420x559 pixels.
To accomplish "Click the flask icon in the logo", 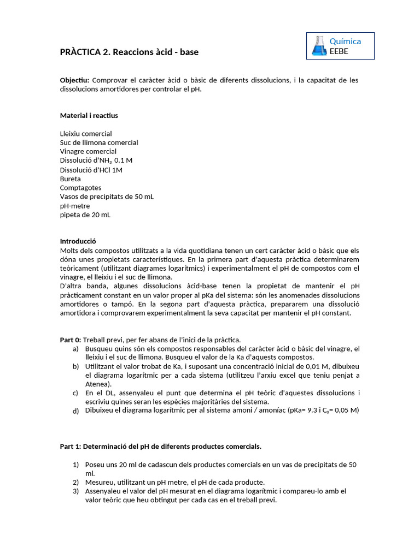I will [x=318, y=46].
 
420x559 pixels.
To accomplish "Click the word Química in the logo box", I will [x=345, y=41].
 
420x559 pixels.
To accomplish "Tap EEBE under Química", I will [x=339, y=51].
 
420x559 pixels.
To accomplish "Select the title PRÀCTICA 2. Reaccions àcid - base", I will [x=129, y=52].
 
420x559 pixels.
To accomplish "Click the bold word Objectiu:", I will [x=74, y=80].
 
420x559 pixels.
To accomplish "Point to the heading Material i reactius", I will [x=89, y=116].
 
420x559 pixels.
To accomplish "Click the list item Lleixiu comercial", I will [x=86, y=134].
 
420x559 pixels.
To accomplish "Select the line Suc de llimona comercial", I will [x=99, y=142].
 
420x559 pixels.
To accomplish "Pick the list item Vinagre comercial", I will [x=88, y=152].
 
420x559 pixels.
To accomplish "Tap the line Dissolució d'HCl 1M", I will [x=91, y=170].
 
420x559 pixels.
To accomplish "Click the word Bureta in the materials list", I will [x=70, y=179].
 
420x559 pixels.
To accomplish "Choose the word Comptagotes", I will [x=80, y=188].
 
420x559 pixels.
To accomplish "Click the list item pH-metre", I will [x=75, y=206].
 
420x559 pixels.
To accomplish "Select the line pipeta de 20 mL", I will [x=85, y=215].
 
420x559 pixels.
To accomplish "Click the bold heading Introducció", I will [x=78, y=241].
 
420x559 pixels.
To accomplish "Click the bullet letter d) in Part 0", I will [x=75, y=411].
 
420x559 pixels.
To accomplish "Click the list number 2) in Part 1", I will [x=76, y=482].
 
